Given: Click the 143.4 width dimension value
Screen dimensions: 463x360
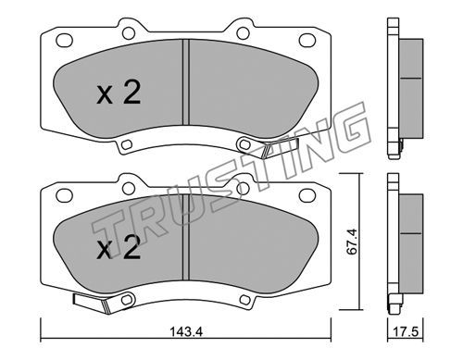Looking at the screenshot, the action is (x=186, y=332).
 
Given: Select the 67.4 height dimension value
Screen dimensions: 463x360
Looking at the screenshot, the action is (x=352, y=242).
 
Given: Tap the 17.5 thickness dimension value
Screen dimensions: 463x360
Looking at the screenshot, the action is (x=406, y=332).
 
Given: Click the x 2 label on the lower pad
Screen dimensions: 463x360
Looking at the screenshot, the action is (x=119, y=247).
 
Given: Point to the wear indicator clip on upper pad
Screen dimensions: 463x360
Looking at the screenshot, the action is (x=280, y=148).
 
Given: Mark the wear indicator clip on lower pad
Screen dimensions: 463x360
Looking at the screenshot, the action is (x=92, y=303).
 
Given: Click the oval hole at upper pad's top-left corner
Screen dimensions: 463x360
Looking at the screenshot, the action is (x=64, y=41).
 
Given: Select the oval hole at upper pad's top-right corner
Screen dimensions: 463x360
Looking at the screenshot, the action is (x=307, y=41).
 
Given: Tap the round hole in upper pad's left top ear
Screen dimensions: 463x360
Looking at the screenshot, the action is (x=129, y=33).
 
